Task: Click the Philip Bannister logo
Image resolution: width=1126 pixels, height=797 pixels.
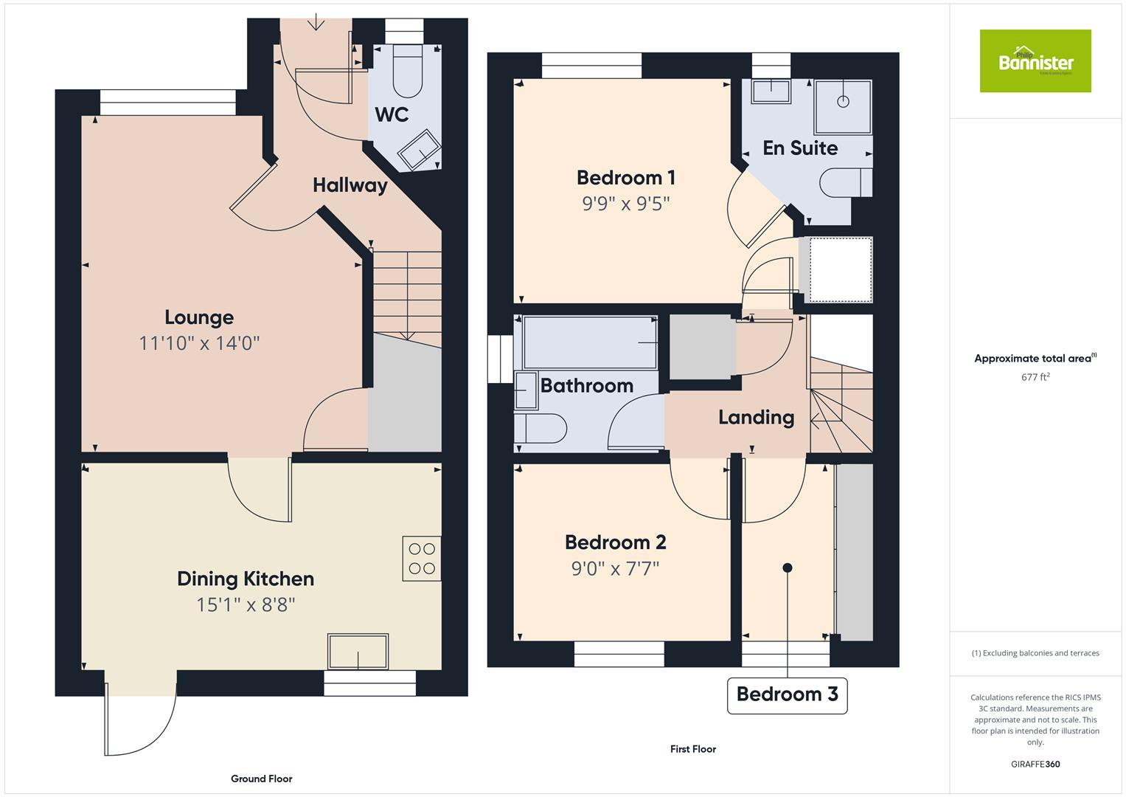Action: point(1035,61)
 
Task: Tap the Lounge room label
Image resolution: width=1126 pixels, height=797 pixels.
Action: point(199,317)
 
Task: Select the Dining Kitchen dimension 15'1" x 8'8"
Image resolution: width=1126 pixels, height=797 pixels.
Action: point(246,605)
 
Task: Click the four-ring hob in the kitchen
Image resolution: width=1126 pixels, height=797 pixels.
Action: point(422,558)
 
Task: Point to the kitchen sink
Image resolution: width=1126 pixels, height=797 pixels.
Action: point(358,651)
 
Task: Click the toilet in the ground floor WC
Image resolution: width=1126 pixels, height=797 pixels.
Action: point(407,72)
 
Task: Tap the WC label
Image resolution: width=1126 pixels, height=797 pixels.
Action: point(392,115)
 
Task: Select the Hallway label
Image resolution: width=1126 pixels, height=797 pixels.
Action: point(350,185)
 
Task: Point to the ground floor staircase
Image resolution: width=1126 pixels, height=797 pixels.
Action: point(407,295)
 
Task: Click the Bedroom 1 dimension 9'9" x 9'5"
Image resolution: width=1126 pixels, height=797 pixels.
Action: point(625,204)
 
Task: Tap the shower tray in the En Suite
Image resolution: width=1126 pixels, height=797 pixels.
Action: point(843,106)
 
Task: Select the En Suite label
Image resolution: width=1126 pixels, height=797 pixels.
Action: point(800,148)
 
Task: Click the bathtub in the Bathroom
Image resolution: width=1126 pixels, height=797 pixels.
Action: point(590,342)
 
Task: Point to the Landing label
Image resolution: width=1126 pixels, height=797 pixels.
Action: point(756,418)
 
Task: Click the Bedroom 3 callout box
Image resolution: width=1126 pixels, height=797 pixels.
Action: point(787,694)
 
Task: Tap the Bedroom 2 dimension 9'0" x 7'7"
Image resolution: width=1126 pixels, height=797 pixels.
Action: point(615,569)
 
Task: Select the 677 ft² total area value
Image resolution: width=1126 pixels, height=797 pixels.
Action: point(1035,377)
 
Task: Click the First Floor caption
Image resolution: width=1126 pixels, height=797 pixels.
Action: point(692,749)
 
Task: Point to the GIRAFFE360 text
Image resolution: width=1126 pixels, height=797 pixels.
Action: point(1035,764)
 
